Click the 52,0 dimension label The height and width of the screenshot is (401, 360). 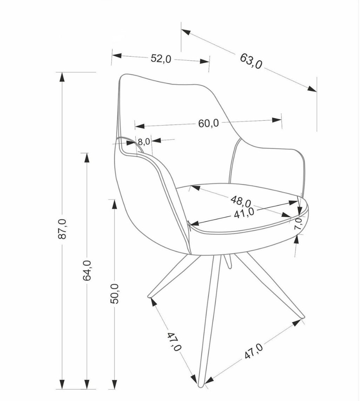(x=161, y=59)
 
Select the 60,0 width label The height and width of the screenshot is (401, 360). (x=209, y=123)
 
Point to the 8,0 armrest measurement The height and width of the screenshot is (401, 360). (x=144, y=142)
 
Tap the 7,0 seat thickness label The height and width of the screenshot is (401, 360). (x=298, y=224)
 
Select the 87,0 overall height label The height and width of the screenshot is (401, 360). (x=62, y=229)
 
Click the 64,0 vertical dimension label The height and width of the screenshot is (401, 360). (x=87, y=270)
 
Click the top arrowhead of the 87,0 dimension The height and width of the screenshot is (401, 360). (x=62, y=76)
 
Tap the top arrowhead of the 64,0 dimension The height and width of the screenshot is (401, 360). (x=87, y=157)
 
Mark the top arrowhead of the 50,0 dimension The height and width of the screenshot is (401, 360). (x=114, y=203)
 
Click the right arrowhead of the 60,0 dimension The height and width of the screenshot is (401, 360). (x=277, y=120)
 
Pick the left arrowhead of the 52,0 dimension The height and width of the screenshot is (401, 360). (x=116, y=56)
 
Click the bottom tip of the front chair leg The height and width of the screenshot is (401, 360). (x=201, y=386)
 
